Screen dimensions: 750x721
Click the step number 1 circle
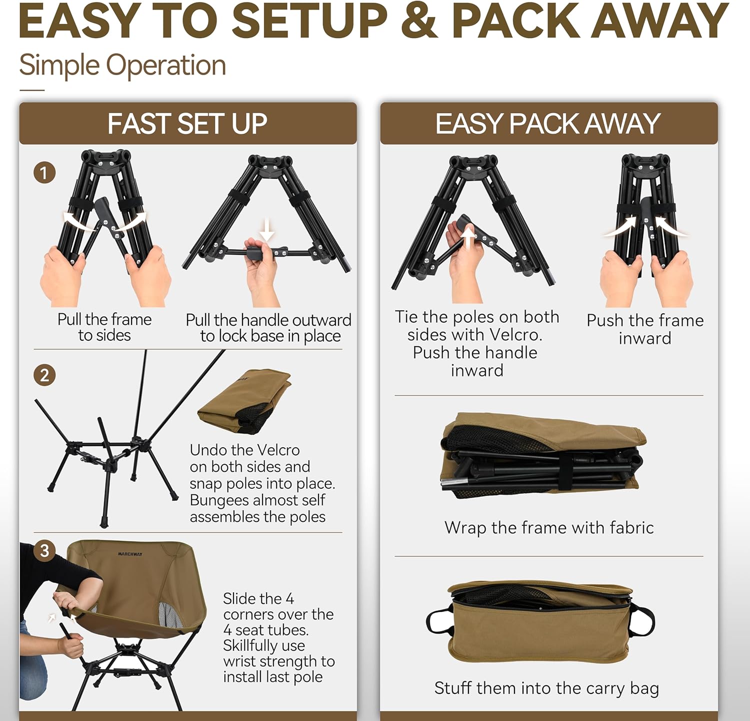(x=44, y=173)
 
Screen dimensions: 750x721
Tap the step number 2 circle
(x=44, y=375)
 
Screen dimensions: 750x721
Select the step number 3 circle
(x=44, y=551)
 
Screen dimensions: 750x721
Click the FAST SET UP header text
(x=187, y=124)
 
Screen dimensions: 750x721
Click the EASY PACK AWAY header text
(x=548, y=124)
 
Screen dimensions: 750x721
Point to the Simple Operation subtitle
(x=122, y=66)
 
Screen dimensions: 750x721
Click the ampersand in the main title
(x=419, y=21)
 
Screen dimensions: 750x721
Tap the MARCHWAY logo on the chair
(x=130, y=554)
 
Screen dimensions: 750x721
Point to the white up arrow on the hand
(x=468, y=237)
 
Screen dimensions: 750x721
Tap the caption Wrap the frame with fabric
(x=549, y=528)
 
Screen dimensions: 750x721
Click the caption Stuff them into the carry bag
(x=546, y=688)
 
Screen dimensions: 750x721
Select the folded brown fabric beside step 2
(x=245, y=400)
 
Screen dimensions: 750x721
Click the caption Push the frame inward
(x=645, y=329)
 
